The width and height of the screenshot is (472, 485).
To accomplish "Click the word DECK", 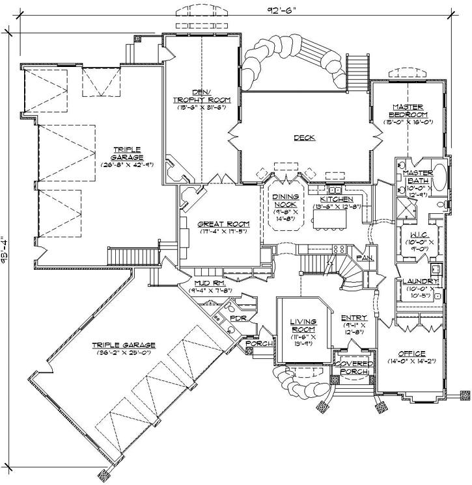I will click(x=304, y=137).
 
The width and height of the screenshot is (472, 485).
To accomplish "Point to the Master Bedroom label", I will click(x=408, y=111).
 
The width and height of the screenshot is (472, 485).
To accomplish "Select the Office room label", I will click(x=411, y=353).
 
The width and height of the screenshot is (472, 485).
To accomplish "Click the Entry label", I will click(x=354, y=318).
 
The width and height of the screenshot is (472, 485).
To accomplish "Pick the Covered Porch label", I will click(x=352, y=368).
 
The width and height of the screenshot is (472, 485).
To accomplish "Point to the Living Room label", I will click(x=303, y=326).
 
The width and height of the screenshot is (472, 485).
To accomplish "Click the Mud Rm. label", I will click(x=210, y=283).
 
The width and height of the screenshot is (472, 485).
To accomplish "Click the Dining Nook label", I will click(x=285, y=200).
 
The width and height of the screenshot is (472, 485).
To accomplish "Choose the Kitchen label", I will click(x=337, y=199).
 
